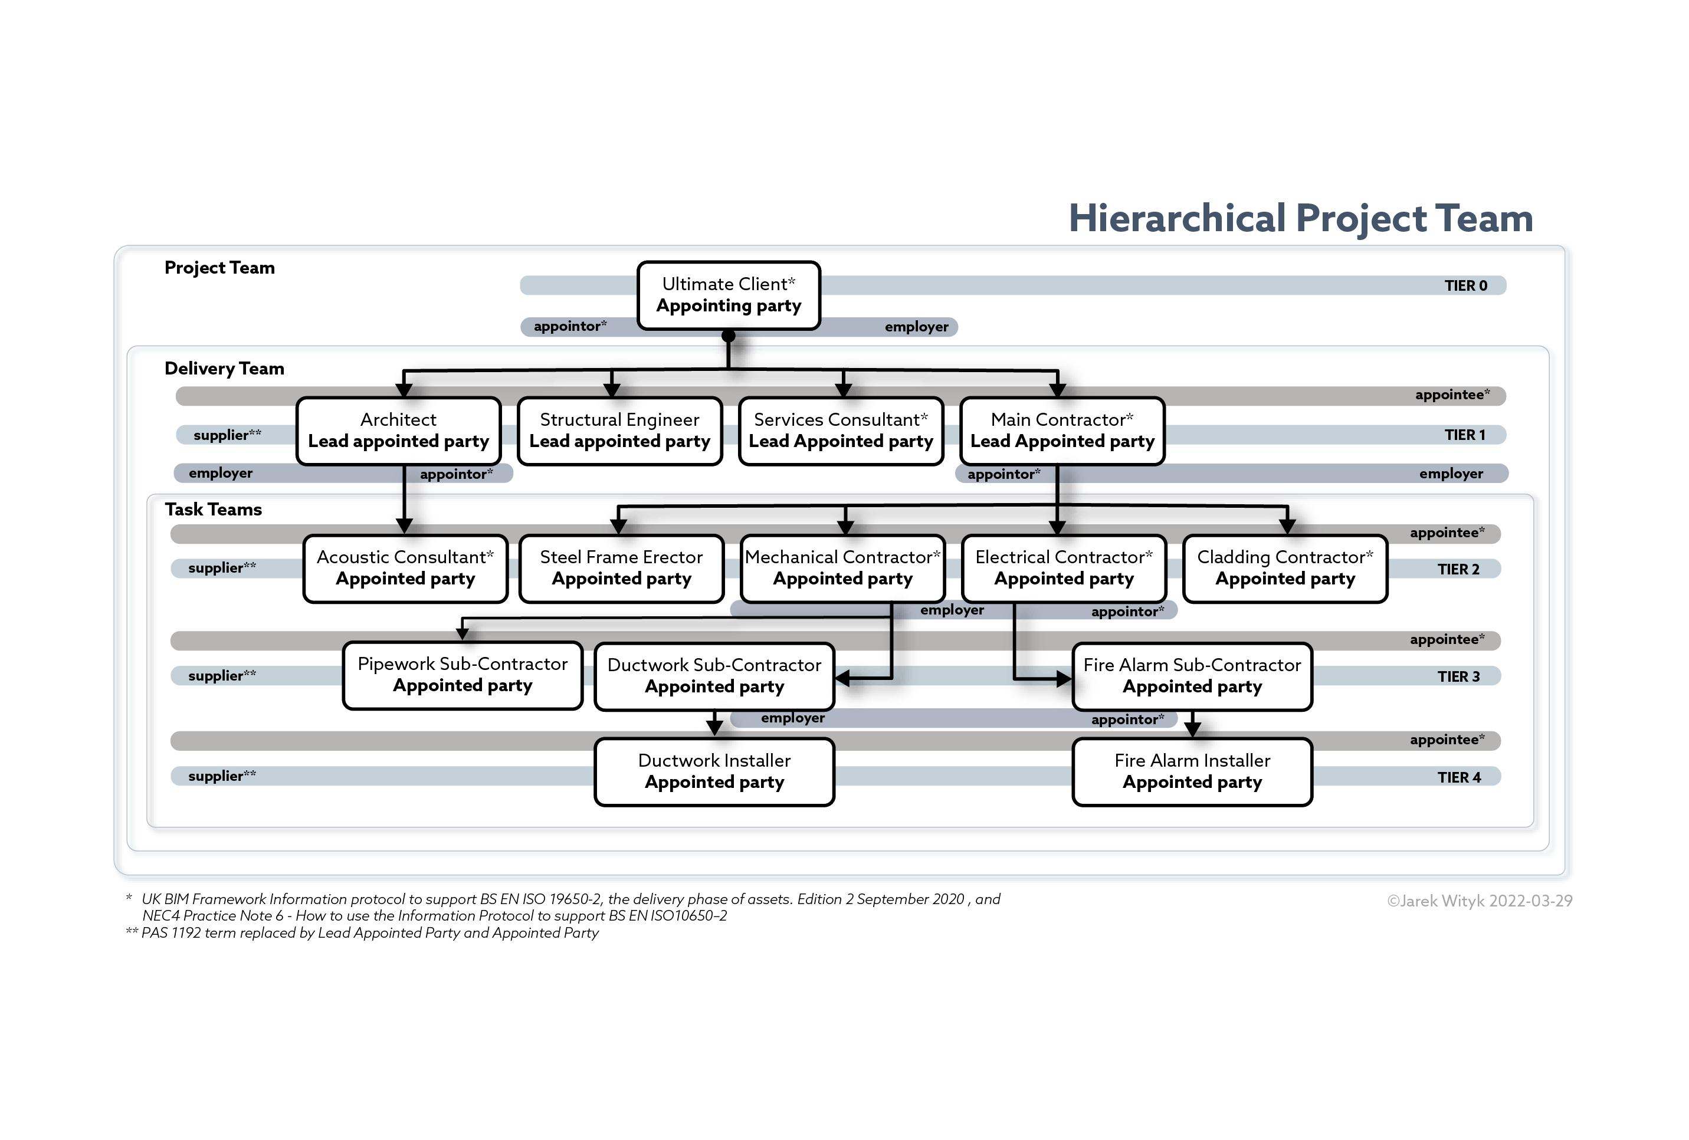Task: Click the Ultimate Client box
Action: (x=728, y=295)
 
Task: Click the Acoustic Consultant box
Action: (x=405, y=568)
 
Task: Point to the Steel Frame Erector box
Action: (x=621, y=568)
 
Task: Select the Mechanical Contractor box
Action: (x=842, y=568)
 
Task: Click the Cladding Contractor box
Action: (x=1285, y=568)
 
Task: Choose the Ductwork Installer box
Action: (x=714, y=771)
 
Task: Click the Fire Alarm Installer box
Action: (x=1192, y=771)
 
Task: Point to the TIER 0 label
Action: (x=1465, y=285)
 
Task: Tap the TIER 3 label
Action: (x=1458, y=676)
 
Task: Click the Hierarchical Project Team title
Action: (x=1300, y=219)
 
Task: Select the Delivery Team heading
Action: (x=224, y=369)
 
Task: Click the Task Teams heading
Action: (x=213, y=510)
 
